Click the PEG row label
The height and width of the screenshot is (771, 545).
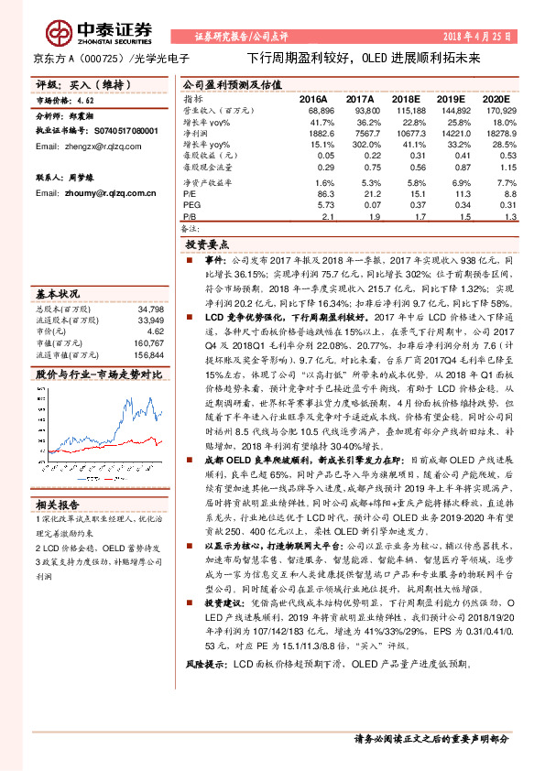(191, 205)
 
